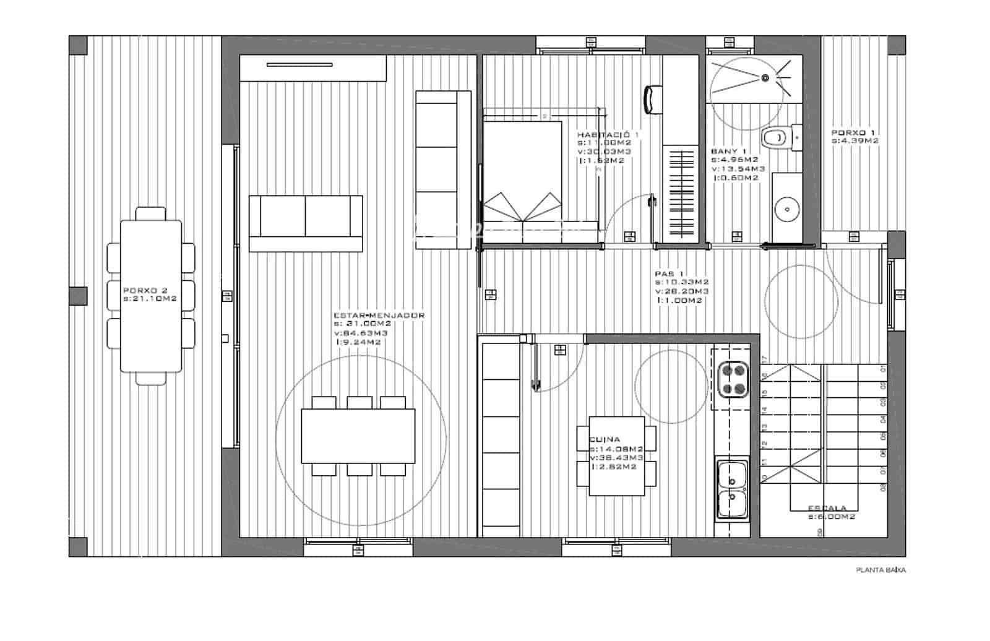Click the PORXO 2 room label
coord(145,290)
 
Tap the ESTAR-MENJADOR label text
coord(379,316)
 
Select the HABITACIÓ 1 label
coord(608,134)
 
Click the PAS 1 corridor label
coord(669,273)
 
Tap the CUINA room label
coord(605,439)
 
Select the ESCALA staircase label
coord(827,508)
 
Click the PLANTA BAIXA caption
coord(880,570)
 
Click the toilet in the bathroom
coord(777,137)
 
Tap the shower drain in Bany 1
coord(765,78)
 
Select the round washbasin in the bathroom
coord(787,209)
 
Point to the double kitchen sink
coord(732,488)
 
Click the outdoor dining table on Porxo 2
coord(151,296)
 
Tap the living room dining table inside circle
coord(358,436)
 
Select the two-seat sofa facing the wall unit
coord(306,223)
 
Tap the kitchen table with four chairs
coord(616,460)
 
